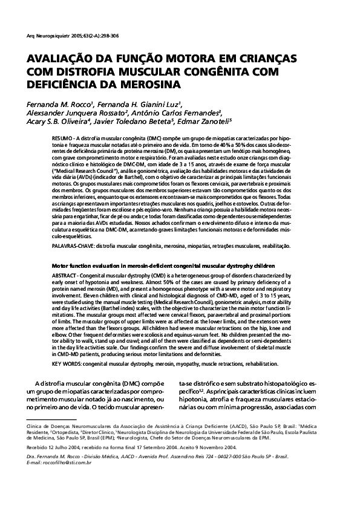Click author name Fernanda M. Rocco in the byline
61,103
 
